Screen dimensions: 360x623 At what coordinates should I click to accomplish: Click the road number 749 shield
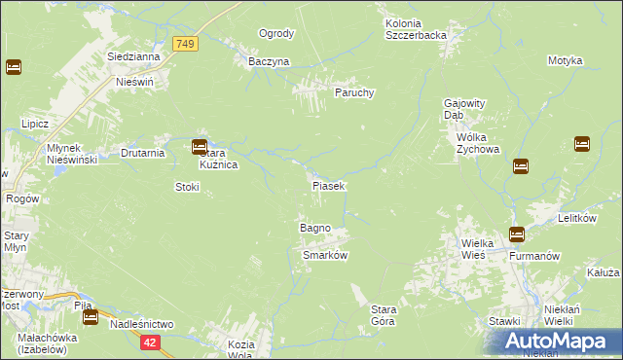[185, 44]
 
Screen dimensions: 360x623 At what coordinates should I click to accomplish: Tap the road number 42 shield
[149, 342]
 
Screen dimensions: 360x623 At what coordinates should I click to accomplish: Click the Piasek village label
[327, 185]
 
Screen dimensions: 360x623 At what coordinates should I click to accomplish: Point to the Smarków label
[325, 255]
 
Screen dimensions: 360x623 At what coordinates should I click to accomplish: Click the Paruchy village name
[354, 92]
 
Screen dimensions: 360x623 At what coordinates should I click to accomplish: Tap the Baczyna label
[269, 61]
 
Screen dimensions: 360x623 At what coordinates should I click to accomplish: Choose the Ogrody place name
[276, 33]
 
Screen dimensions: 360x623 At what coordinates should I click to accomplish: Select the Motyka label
[565, 60]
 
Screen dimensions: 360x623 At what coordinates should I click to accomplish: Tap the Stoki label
[187, 186]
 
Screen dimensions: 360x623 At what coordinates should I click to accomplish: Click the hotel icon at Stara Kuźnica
[200, 148]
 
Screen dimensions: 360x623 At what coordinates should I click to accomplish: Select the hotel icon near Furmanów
[516, 234]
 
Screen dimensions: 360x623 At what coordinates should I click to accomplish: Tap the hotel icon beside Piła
[91, 316]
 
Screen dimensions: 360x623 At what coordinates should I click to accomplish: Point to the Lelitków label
[576, 219]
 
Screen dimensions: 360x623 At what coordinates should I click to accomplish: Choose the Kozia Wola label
[240, 349]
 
